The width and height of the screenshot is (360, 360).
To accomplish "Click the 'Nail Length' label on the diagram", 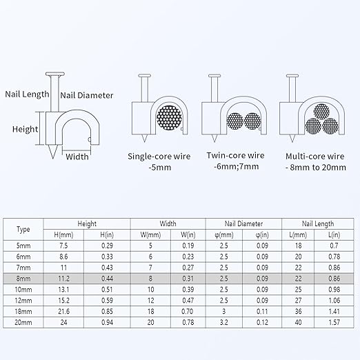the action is (27, 94).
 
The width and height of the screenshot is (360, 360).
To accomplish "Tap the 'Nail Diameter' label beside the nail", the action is (87, 95).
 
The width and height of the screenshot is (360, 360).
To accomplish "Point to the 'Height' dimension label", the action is (25, 129).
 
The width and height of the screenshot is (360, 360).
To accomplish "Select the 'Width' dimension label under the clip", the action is (77, 157).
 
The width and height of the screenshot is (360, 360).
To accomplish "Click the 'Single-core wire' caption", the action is (159, 157).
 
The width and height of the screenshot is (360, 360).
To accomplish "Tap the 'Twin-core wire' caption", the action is (235, 155).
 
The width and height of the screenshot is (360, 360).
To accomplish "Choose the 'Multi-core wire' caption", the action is (315, 157).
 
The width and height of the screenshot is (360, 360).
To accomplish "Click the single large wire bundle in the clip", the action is (170, 118).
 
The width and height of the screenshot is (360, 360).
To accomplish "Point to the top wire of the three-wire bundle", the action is (321, 112).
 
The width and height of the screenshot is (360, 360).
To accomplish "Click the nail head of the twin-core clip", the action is (214, 76).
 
